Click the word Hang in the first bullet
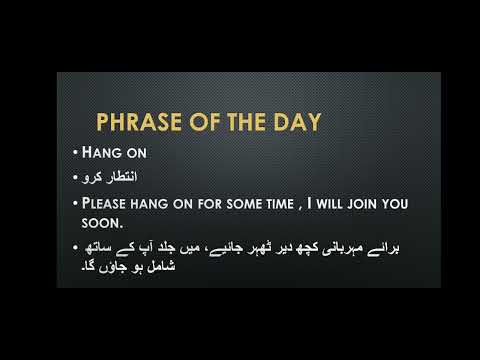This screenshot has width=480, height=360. click(x=100, y=155)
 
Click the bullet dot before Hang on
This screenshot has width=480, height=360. click(x=75, y=155)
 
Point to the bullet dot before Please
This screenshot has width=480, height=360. click(x=75, y=204)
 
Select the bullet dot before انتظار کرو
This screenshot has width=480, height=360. click(x=75, y=179)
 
